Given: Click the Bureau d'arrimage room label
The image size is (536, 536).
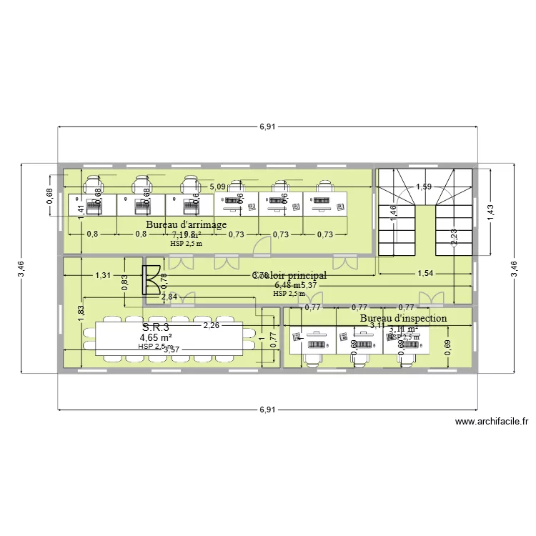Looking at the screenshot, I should tap(186, 224).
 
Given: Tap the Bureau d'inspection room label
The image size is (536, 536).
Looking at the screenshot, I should tap(403, 318).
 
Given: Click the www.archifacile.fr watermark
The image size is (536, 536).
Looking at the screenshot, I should tap(491, 422).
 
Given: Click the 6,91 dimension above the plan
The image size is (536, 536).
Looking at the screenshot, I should tap(267, 126).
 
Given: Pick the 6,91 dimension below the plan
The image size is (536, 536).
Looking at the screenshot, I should tap(267, 410).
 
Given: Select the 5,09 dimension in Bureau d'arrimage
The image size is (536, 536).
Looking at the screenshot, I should tap(218, 187).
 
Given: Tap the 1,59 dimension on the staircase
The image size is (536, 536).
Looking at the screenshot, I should tap(424, 187).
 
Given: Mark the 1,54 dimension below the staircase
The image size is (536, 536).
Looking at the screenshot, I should tap(425, 274).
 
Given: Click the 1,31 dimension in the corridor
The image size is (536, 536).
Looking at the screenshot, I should tap(103, 274).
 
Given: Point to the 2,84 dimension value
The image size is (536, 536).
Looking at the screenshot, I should tap(169, 297).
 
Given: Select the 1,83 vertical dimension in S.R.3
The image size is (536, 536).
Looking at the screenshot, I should tap(81, 314).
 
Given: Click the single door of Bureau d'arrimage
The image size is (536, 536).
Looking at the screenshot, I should tap(262, 244).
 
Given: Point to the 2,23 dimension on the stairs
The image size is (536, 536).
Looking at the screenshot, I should tap(455, 237).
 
